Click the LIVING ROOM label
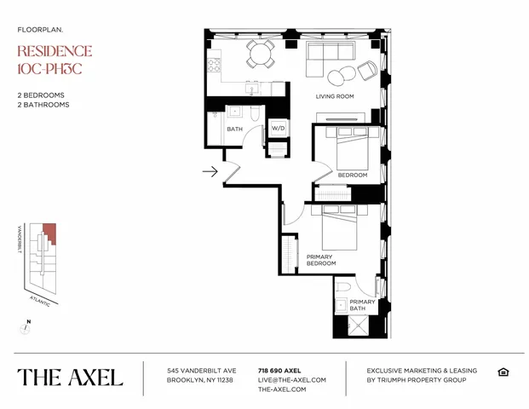[x=335, y=96]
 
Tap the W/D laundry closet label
[x=278, y=129]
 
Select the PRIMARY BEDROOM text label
[x=319, y=260]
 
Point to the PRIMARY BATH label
[x=362, y=305]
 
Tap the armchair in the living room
[x=367, y=71]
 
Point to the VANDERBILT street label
[x=18, y=243]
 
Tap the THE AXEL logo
[x=70, y=377]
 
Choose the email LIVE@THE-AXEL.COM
[x=291, y=380]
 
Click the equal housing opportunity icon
[x=503, y=372]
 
